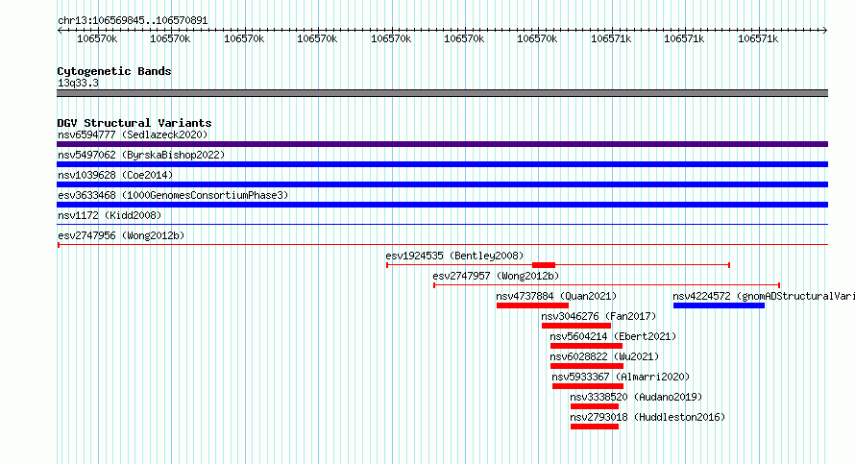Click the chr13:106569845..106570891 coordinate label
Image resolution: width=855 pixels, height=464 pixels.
[x=133, y=21]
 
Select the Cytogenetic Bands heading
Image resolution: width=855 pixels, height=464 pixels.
[x=114, y=71]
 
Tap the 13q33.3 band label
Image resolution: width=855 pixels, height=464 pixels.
[x=78, y=83]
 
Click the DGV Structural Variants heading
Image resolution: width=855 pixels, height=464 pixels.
[x=134, y=123]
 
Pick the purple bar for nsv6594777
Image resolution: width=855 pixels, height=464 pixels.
[x=442, y=144]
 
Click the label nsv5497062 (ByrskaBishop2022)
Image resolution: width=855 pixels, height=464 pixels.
[x=141, y=155]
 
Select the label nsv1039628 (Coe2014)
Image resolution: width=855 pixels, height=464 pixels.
[x=115, y=175]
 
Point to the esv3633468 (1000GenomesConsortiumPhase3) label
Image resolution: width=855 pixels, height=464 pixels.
[x=173, y=195]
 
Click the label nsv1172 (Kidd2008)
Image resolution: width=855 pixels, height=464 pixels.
[x=110, y=215]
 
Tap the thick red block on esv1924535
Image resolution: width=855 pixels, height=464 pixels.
[x=544, y=265]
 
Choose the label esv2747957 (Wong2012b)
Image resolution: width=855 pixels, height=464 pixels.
[x=496, y=276]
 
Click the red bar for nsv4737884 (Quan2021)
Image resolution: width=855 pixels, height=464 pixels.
[x=532, y=305]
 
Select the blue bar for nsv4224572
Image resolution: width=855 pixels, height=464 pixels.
[x=719, y=305]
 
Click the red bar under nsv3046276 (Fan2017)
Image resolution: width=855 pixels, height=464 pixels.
[x=576, y=326]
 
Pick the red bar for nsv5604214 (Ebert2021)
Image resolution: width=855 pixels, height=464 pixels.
[x=586, y=346]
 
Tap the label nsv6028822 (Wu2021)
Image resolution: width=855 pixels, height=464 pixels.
[x=604, y=356]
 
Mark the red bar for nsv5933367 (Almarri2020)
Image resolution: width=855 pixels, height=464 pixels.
[x=588, y=386]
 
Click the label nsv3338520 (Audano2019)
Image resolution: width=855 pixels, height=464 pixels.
[x=636, y=397]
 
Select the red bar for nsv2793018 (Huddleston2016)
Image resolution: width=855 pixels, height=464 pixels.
[x=595, y=427]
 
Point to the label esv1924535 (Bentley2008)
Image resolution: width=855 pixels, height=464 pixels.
[x=454, y=256]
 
